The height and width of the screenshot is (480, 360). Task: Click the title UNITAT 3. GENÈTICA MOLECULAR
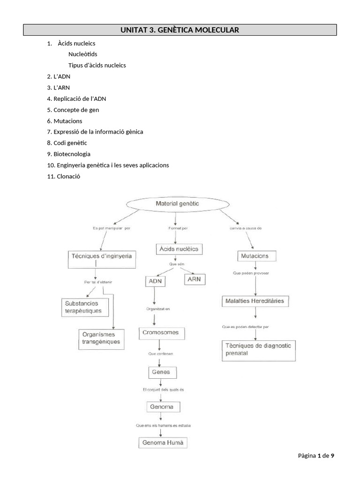180,30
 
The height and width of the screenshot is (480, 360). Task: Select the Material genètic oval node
177,204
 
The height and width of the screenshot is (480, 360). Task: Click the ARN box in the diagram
194,279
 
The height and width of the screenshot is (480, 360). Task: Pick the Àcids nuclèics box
180,249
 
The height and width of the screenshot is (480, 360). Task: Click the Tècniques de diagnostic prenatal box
258,350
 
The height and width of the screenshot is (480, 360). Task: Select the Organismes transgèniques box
101,338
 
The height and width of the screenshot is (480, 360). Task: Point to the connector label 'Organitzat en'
154,309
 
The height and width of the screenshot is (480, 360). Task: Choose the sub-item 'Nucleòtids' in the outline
83,54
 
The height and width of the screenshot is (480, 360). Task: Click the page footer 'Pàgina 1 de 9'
316,456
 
